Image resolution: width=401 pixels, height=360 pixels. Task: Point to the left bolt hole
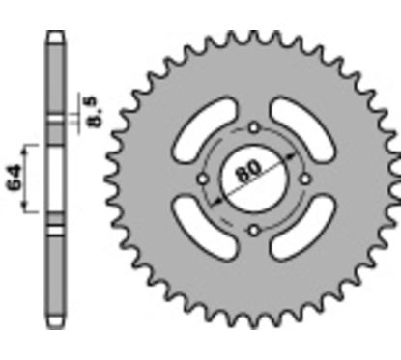[202, 180]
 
